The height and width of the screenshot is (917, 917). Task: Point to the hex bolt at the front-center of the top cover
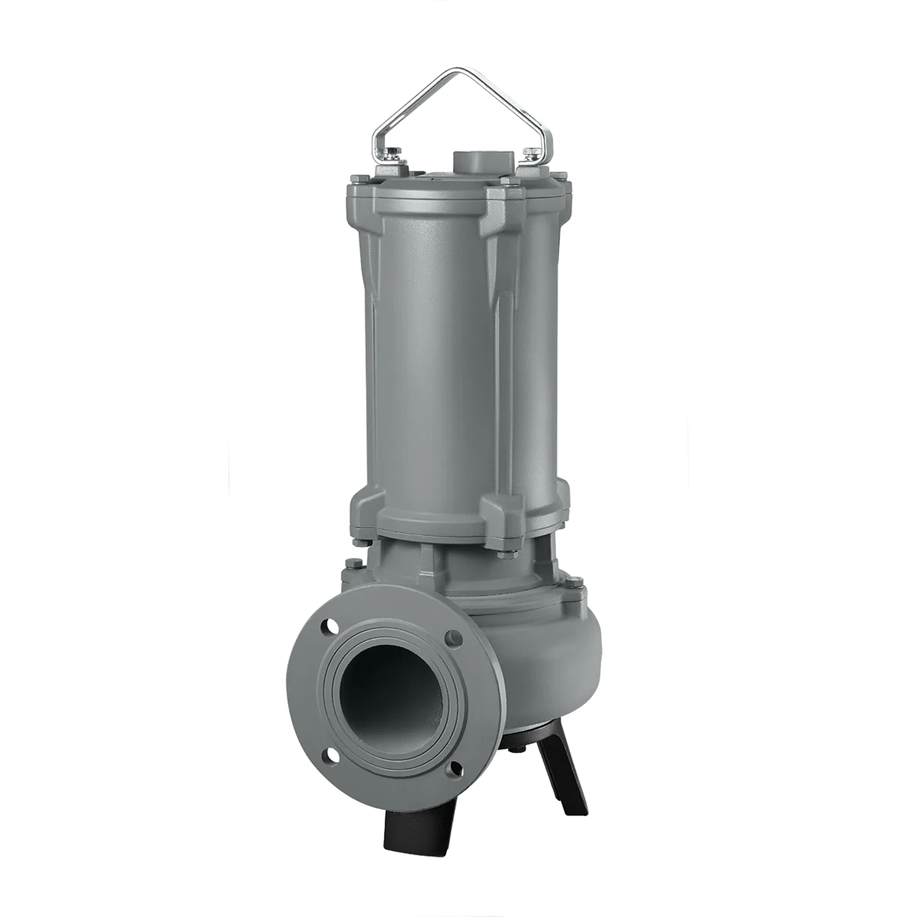pyautogui.click(x=506, y=182)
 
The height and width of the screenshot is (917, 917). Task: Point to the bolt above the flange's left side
pyautogui.click(x=350, y=564)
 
